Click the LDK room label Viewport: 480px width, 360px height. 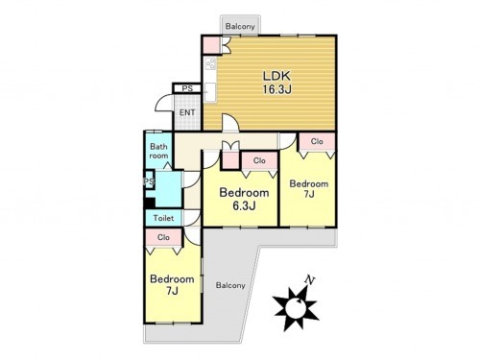coord(276,76)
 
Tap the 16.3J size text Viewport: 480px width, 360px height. coord(277,89)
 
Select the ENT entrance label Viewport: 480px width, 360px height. coord(187,112)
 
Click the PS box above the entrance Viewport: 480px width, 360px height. coord(187,88)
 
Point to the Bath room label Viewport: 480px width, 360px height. coord(158,151)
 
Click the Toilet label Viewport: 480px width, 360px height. coord(163,218)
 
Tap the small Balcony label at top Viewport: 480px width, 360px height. coord(240,26)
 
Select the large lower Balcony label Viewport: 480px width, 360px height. coord(230,285)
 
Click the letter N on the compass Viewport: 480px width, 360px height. coord(309,280)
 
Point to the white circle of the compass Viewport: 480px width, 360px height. coord(295,308)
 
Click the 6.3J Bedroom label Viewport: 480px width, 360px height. coord(244,199)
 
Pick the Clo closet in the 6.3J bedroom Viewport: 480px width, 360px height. coord(259,160)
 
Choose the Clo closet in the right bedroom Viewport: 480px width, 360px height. coord(317,141)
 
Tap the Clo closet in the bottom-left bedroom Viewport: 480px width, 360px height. coord(163,237)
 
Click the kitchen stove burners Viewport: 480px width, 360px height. coord(210,63)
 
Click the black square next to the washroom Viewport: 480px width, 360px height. coord(150,203)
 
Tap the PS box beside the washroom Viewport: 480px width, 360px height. coord(149,181)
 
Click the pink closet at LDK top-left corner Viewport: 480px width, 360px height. coord(211,45)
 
